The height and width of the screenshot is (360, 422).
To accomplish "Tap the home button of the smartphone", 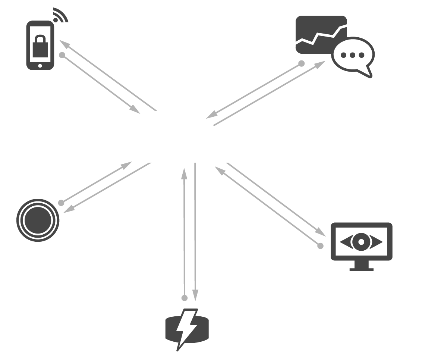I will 40,66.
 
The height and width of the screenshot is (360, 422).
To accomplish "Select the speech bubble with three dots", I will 353,55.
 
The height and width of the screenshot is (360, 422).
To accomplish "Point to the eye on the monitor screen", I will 361,242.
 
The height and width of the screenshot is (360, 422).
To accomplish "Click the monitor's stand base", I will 361,269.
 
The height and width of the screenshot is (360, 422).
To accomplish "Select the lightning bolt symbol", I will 186,328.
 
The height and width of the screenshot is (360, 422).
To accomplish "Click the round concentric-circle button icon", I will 38,220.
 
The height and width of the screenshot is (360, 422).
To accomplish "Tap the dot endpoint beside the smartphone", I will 62,55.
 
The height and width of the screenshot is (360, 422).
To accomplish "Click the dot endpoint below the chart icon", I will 302,63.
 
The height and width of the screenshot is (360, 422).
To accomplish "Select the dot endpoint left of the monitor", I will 320,246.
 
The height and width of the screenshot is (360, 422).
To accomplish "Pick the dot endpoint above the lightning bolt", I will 184,298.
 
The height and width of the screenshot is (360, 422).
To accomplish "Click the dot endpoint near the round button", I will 61,203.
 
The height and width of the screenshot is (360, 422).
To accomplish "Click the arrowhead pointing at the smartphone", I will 64,44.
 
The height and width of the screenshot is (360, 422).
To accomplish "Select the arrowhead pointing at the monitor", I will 321,232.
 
